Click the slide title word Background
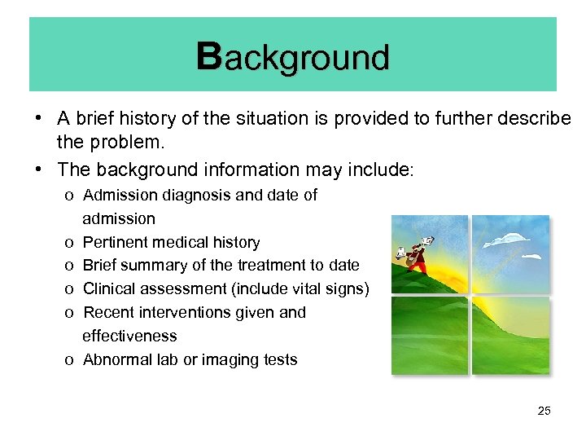(293, 57)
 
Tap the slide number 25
(544, 411)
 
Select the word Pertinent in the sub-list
(115, 242)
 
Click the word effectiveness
(129, 336)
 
